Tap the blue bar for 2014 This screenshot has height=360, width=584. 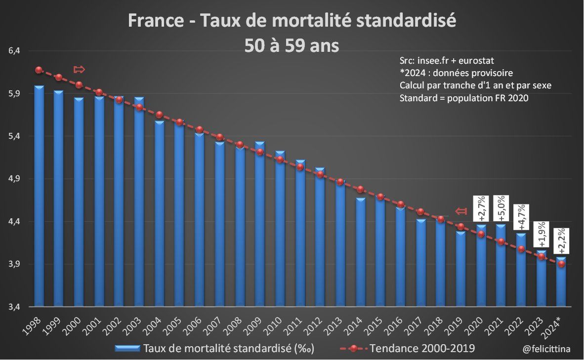pos(361,251)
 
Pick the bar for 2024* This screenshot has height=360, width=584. pos(561,281)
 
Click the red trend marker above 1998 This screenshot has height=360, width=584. pos(39,70)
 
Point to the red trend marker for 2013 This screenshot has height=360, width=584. pos(340,182)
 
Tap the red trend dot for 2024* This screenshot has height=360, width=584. pos(561,264)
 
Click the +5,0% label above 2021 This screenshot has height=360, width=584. pos(501,209)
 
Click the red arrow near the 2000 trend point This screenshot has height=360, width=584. pos(79,69)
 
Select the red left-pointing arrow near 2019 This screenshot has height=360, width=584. pos(460,211)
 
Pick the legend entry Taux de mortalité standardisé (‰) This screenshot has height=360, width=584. pos(228,349)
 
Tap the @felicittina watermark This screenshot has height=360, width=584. pos(546,349)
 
